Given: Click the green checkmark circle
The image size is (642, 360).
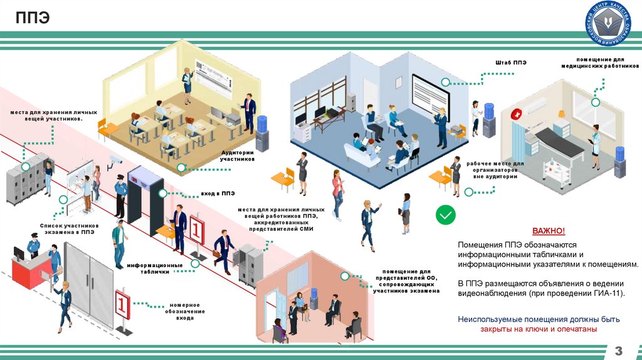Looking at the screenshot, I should pyautogui.click(x=446, y=214).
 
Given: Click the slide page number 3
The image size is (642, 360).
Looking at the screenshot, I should pyautogui.click(x=618, y=349).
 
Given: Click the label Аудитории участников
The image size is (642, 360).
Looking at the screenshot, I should pyautogui.click(x=237, y=156).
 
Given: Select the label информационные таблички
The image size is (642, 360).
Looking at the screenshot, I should pyautogui.click(x=155, y=268).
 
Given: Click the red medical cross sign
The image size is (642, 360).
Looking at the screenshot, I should pyautogui.click(x=516, y=114).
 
